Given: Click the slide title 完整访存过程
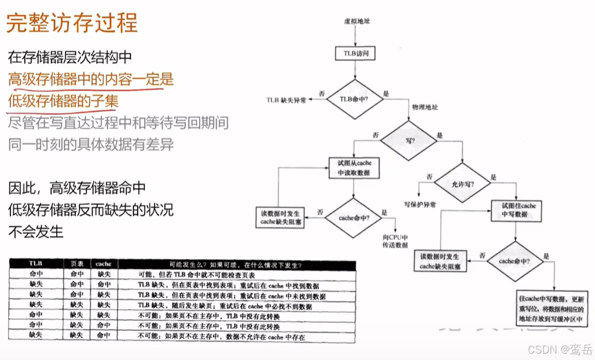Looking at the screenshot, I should pyautogui.click(x=72, y=23).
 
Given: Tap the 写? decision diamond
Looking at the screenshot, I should pyautogui.click(x=410, y=140).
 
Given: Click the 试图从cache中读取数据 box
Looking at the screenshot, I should pyautogui.click(x=355, y=167).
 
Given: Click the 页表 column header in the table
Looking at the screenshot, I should pyautogui.click(x=77, y=264).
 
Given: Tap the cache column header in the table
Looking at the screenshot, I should pyautogui.click(x=104, y=264).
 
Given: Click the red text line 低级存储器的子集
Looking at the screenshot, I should pyautogui.click(x=63, y=101).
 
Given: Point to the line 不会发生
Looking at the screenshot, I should pyautogui.click(x=36, y=231).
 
